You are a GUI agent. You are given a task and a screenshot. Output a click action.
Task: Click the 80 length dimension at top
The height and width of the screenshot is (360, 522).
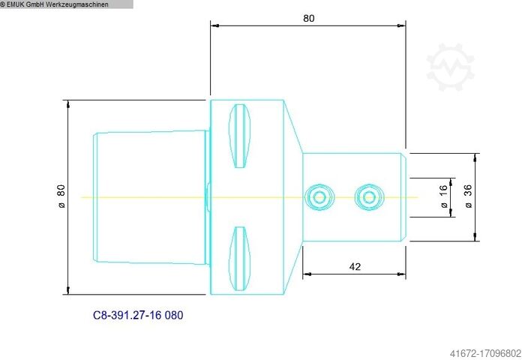(x=309, y=18)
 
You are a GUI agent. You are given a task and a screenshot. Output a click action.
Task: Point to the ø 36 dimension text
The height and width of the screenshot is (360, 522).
(x=468, y=197)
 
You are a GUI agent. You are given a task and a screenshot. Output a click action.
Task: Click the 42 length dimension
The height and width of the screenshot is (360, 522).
(x=355, y=266)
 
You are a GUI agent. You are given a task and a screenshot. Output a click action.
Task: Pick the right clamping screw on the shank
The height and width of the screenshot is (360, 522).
(x=367, y=197)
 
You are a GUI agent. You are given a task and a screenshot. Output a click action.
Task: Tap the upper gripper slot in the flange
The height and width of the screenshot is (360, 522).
(x=238, y=136)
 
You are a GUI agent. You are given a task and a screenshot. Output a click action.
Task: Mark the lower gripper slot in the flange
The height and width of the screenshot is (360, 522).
(x=238, y=258)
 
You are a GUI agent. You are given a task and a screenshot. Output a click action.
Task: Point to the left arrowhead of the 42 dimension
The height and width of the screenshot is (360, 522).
(x=306, y=274)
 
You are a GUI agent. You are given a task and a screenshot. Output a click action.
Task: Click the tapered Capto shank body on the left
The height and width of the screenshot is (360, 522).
(x=150, y=197)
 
